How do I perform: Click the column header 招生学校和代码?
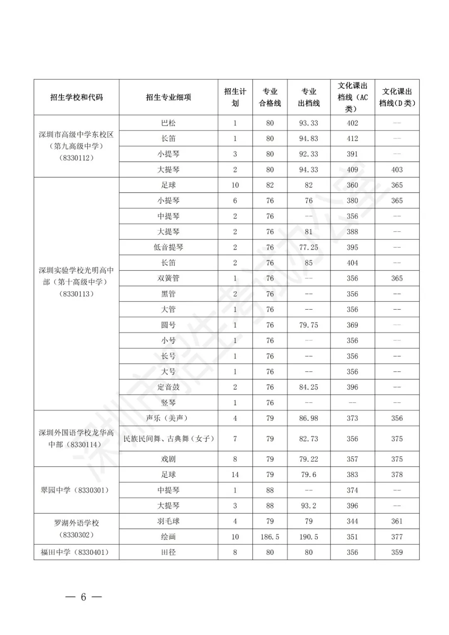click(76, 97)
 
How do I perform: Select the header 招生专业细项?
click(168, 97)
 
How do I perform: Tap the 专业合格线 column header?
click(270, 97)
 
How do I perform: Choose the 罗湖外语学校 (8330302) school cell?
click(76, 529)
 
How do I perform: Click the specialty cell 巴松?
click(168, 123)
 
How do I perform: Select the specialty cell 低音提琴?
click(168, 247)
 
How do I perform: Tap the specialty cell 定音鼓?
click(168, 387)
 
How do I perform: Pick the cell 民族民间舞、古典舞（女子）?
click(168, 439)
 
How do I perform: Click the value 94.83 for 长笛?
click(308, 139)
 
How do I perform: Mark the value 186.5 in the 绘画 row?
click(270, 537)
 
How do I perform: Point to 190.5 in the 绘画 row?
click(308, 537)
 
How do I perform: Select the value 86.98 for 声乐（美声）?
click(308, 418)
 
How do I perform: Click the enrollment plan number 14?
click(235, 475)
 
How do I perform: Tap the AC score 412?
click(352, 139)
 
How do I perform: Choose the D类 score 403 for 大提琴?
click(397, 170)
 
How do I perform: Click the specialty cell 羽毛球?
click(168, 521)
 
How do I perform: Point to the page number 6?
click(83, 597)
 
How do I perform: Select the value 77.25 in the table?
click(308, 247)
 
